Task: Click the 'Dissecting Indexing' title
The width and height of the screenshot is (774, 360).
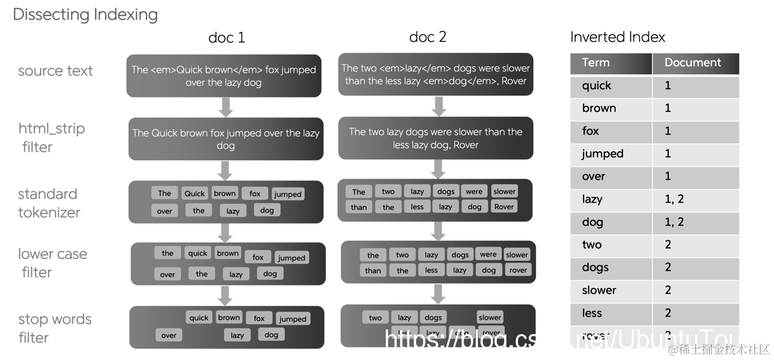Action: [85, 15]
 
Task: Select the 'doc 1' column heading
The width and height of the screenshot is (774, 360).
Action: [226, 38]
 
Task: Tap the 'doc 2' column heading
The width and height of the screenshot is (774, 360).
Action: [427, 37]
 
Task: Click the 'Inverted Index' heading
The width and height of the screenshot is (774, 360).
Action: [617, 37]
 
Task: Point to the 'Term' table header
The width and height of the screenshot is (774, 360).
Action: [596, 62]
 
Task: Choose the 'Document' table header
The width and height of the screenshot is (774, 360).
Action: [692, 62]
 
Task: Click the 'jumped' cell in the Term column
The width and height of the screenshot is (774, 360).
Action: [602, 154]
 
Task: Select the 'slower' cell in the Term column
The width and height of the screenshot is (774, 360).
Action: [599, 290]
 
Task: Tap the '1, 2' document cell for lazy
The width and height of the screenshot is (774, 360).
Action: [674, 199]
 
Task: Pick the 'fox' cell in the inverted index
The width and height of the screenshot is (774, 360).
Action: [591, 131]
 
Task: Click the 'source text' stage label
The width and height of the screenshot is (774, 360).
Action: [55, 71]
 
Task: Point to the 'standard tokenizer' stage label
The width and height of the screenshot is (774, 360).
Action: [49, 203]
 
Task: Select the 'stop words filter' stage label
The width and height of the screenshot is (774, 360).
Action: [55, 328]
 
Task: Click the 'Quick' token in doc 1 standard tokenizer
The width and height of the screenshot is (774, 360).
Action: [194, 194]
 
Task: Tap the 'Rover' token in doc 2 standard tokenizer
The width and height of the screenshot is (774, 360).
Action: [504, 206]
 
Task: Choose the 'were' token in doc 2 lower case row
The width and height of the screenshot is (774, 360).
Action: [488, 254]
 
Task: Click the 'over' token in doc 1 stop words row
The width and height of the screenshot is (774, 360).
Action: [169, 335]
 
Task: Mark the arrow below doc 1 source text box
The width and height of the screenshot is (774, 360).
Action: [226, 106]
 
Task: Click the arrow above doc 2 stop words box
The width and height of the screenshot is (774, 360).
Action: [438, 293]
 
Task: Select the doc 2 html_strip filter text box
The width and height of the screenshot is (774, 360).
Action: [436, 138]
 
